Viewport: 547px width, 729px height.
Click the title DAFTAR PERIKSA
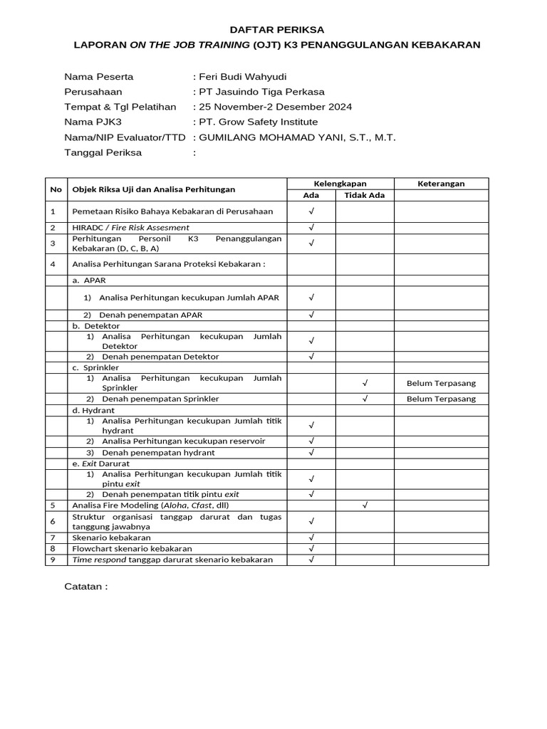276,30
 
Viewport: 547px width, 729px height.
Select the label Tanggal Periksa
103,152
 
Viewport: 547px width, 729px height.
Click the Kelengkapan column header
340,184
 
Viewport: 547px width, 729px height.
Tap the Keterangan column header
441,184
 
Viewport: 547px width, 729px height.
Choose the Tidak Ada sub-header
365,195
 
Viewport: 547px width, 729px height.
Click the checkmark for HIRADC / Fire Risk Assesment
311,228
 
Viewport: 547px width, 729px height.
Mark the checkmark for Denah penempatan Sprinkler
365,399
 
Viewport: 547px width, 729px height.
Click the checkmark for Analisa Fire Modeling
365,505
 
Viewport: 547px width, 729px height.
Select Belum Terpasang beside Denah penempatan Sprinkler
441,399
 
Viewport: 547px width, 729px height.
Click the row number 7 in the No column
53,537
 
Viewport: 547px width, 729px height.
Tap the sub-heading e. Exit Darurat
100,463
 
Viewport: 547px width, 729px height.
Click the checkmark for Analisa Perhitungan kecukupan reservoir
311,441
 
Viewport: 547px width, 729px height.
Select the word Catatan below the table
86,587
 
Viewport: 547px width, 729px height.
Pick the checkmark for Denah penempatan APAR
311,314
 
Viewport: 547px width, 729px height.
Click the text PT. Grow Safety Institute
259,122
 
